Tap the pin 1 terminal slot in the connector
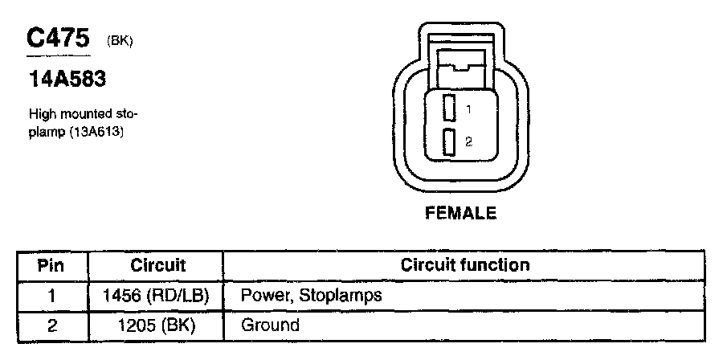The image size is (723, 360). click(x=449, y=108)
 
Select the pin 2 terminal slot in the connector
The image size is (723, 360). click(x=449, y=141)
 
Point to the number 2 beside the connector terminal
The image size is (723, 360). click(x=468, y=142)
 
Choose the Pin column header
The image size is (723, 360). click(x=51, y=265)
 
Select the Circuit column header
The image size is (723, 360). click(x=157, y=265)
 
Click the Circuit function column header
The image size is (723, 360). click(x=465, y=265)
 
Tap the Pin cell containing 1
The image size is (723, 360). click(x=51, y=296)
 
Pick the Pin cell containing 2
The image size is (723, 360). click(x=51, y=325)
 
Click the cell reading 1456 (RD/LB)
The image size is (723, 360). click(x=157, y=296)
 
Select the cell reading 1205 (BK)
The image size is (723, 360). click(x=157, y=325)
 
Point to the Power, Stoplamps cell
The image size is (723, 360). click(x=311, y=296)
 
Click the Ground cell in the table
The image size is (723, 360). click(x=270, y=325)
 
